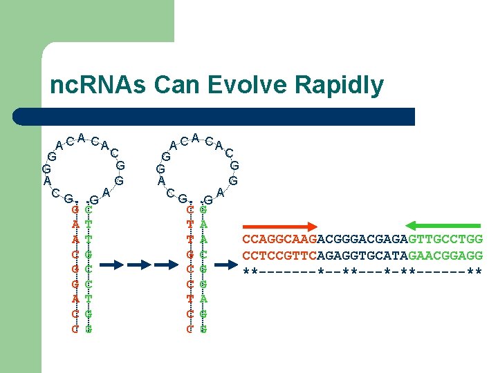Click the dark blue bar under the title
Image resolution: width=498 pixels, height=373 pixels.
point(228,116)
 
